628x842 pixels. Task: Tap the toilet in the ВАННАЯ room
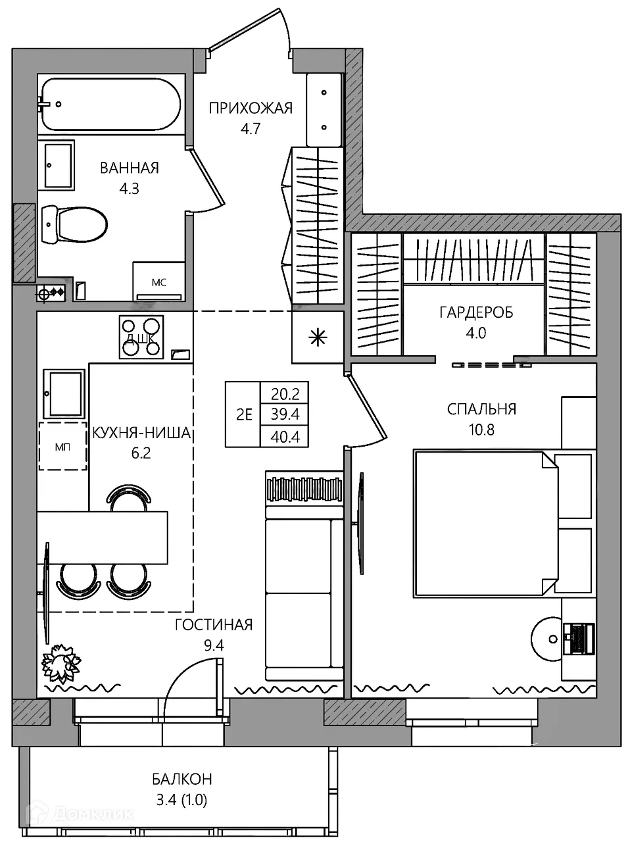point(74,224)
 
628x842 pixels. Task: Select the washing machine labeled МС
point(158,282)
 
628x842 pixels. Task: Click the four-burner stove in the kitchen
point(141,337)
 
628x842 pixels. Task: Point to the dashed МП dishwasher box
point(63,446)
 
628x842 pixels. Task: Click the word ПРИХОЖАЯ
point(251,109)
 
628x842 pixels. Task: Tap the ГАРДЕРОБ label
point(476,312)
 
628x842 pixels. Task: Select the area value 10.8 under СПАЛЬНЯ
point(481,430)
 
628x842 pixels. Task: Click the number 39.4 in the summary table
point(285,414)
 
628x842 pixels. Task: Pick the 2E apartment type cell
point(244,414)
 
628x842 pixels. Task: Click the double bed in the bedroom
point(503,524)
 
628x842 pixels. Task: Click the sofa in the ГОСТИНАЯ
point(304,576)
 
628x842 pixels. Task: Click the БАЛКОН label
point(181,780)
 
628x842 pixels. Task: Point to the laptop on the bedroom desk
point(578,639)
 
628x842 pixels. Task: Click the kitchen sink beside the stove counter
point(64,393)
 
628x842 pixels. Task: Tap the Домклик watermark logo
point(80,815)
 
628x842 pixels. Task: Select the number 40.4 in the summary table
point(285,437)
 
